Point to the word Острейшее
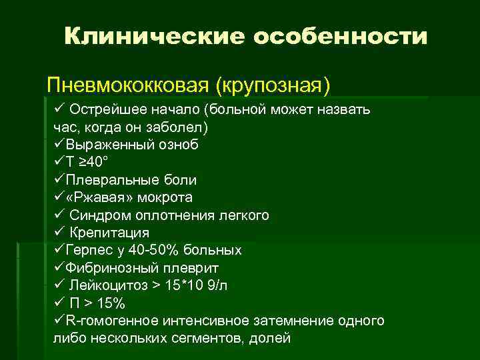102,109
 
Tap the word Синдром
99,215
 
